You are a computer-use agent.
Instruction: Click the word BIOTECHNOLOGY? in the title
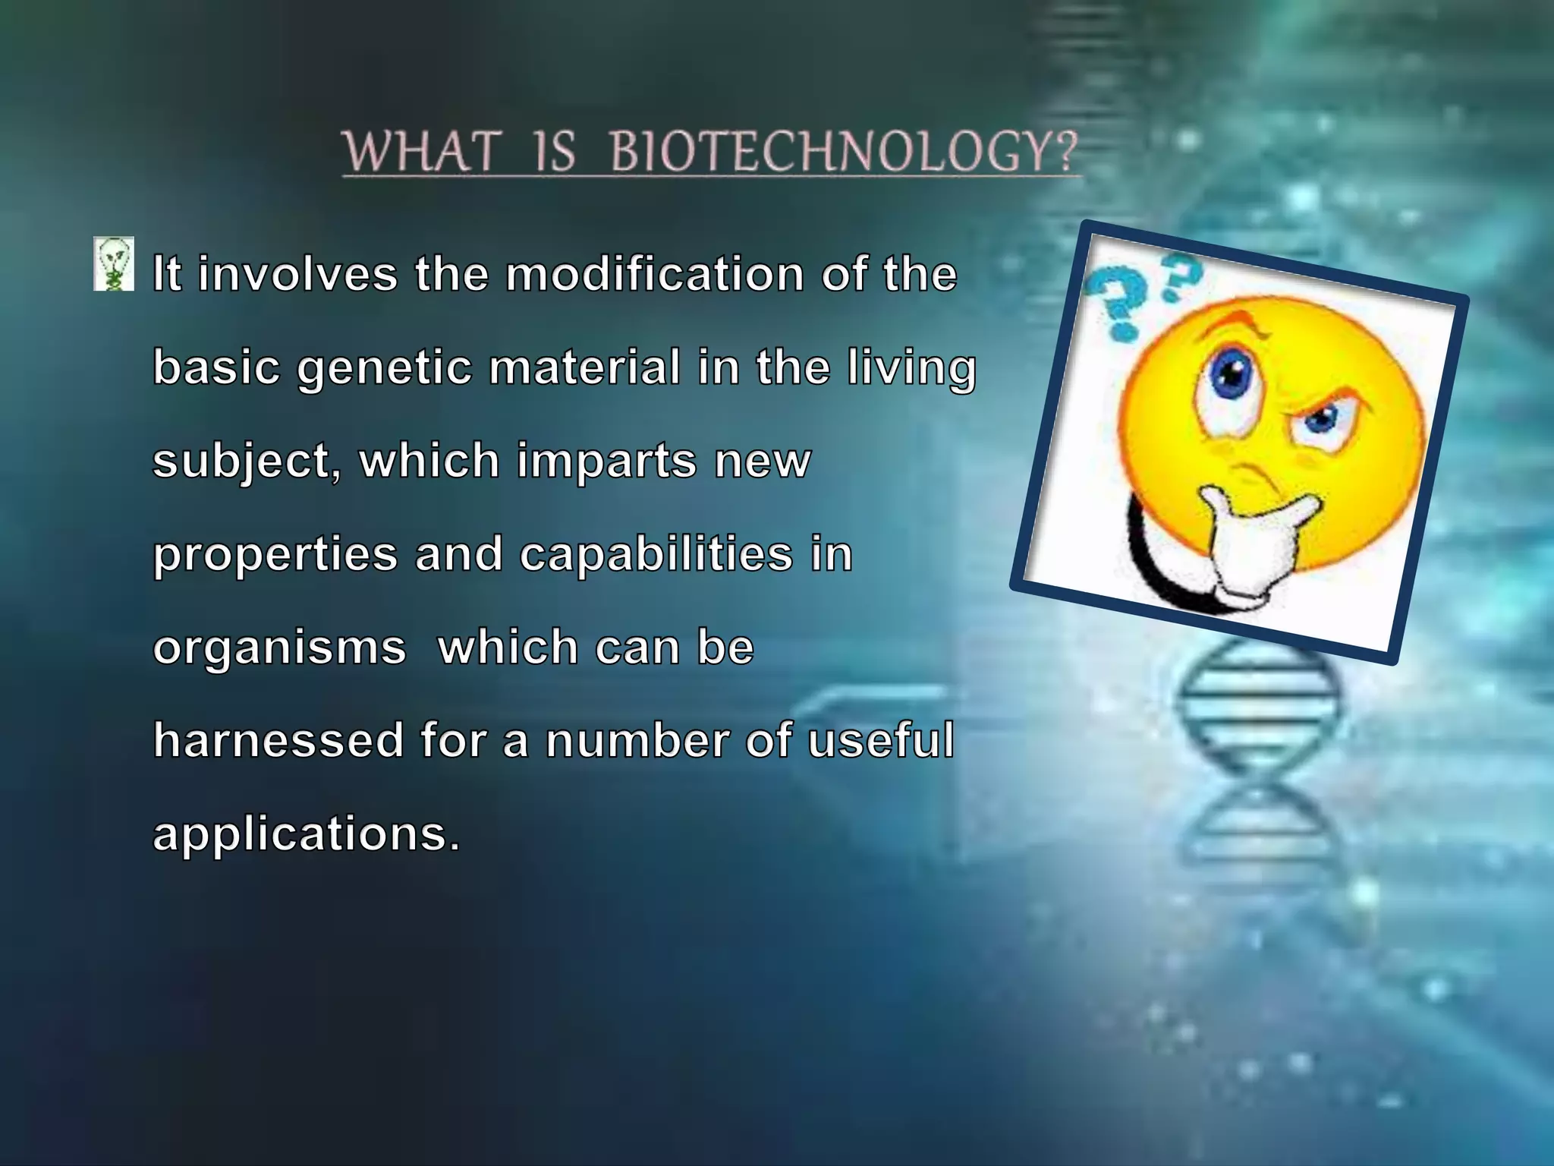(844, 151)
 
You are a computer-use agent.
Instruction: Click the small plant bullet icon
(114, 263)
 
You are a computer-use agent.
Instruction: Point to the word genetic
(384, 369)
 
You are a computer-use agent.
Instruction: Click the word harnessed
(278, 740)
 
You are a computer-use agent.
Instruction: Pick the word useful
(880, 740)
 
